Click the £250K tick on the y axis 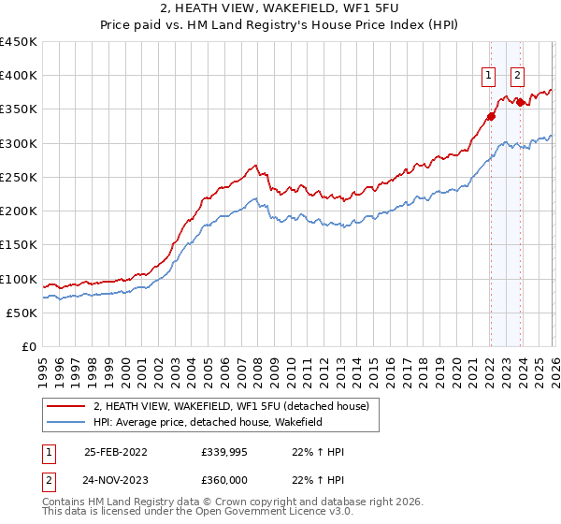[20, 177]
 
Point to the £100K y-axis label [20, 279]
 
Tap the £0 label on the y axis [29, 346]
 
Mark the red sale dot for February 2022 [490, 117]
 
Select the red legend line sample [66, 406]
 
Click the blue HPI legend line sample [66, 423]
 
